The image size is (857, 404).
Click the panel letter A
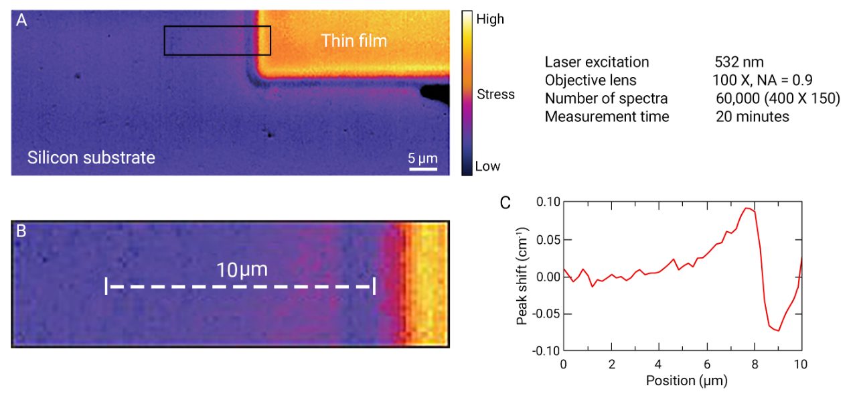22,21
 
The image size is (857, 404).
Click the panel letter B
21,231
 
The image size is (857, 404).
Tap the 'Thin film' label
354,40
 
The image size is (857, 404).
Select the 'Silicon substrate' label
91,158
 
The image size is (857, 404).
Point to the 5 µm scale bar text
423,158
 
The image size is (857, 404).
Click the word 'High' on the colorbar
489,19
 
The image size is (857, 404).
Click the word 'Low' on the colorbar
487,166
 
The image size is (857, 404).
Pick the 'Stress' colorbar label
495,94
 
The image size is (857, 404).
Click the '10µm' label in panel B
242,270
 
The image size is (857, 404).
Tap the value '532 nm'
739,62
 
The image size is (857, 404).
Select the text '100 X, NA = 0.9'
763,80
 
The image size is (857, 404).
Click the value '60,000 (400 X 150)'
777,98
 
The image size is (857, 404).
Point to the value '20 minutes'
752,117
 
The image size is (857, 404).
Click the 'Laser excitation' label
597,62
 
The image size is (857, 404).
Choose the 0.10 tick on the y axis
548,202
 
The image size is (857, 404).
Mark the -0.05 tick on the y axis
546,313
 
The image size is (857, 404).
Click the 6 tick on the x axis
707,364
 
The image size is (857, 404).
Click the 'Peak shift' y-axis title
523,275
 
